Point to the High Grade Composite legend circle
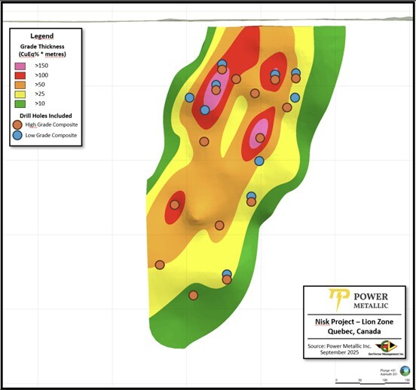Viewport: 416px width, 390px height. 17,124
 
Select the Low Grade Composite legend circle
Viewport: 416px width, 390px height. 17,135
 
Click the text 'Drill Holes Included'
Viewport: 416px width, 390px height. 45,115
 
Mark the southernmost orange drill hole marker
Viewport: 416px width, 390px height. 193,295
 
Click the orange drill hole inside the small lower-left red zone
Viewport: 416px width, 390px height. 175,204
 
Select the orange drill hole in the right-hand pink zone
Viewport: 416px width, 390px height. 260,138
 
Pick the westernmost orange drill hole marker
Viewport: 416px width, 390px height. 160,264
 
